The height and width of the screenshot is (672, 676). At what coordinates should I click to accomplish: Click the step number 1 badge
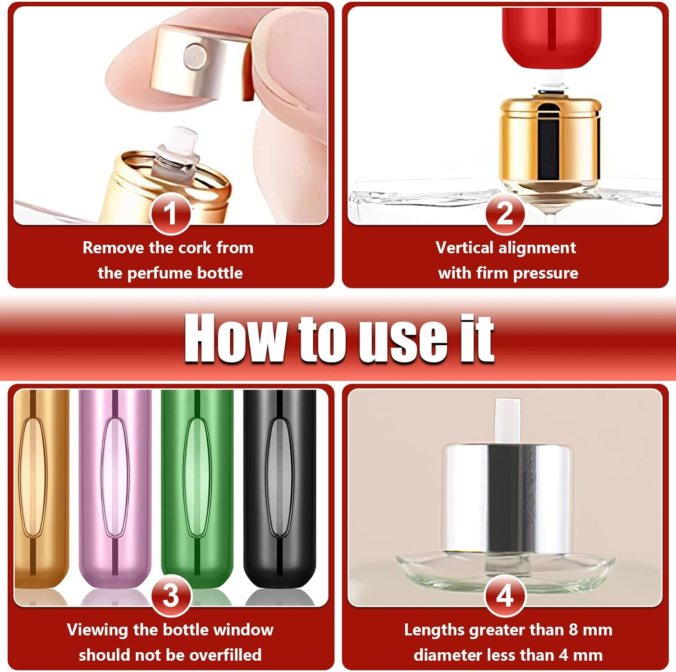tap(170, 214)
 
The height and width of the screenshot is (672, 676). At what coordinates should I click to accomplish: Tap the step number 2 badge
tap(505, 214)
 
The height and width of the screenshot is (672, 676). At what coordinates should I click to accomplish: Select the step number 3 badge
tap(171, 595)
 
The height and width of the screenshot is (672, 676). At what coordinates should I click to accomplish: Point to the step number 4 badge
tap(505, 595)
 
